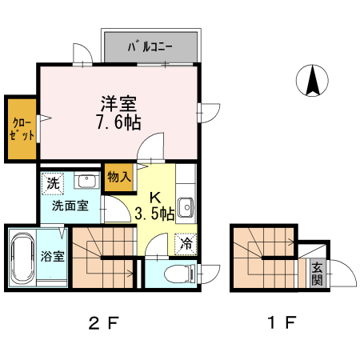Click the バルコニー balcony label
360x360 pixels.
click(150, 46)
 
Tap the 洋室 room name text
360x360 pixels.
click(118, 103)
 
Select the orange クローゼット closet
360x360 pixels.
click(20, 128)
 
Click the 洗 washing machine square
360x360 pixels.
click(53, 182)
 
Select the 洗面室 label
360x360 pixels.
click(70, 206)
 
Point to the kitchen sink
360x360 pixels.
click(186, 206)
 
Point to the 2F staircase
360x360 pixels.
click(102, 256)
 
